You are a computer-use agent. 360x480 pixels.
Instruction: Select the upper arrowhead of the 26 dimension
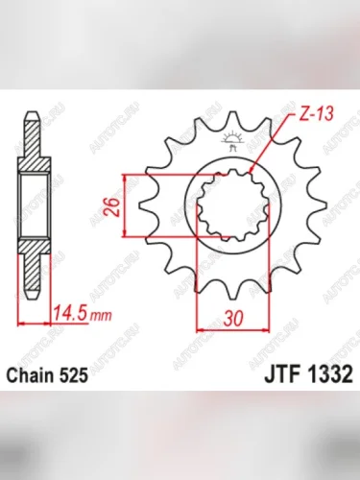coord(126,180)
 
